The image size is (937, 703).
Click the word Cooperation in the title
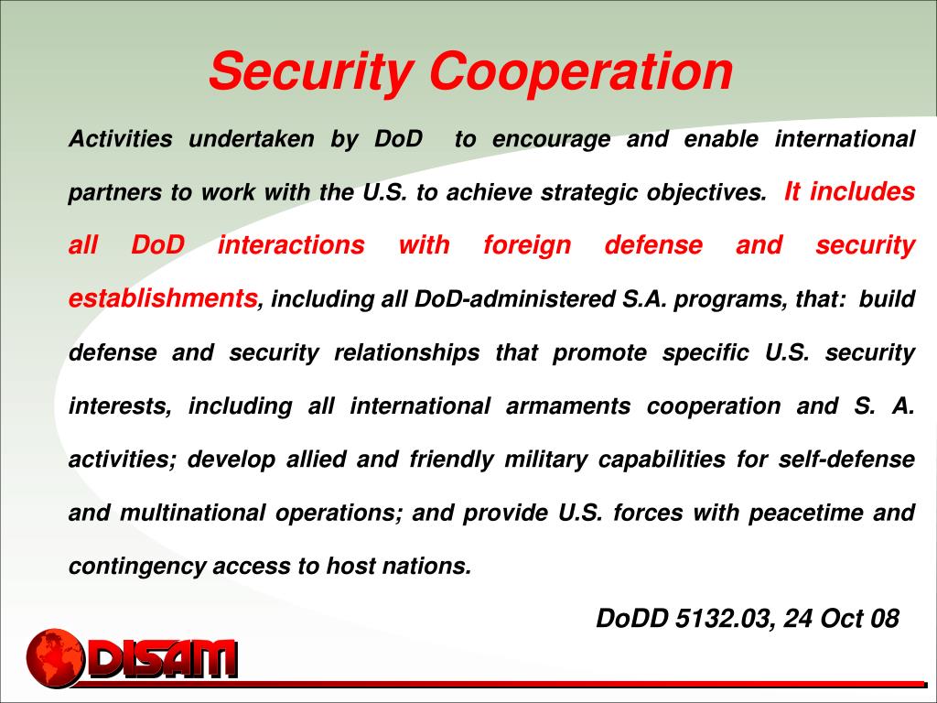582,71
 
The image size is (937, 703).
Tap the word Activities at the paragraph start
121,139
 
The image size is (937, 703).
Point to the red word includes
862,192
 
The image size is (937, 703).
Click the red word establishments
164,297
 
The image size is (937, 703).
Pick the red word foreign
526,245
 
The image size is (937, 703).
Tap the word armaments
567,406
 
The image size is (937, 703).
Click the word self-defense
846,459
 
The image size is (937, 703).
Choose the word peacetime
805,513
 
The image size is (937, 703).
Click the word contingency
136,566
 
